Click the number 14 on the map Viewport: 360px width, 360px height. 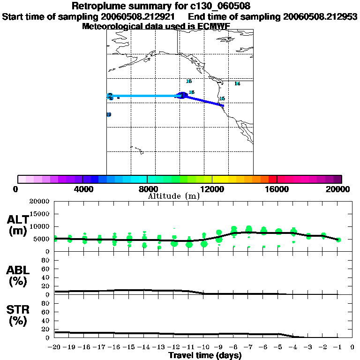237,84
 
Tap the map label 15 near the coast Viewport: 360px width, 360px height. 222,99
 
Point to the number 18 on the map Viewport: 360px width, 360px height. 189,81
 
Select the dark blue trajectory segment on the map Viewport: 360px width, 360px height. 204,100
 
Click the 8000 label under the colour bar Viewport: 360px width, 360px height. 147,189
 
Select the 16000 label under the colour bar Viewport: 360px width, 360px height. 277,189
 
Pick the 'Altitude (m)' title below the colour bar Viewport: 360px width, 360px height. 174,196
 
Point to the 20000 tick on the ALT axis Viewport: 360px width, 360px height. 39,202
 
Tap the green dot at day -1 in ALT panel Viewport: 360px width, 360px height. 338,240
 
